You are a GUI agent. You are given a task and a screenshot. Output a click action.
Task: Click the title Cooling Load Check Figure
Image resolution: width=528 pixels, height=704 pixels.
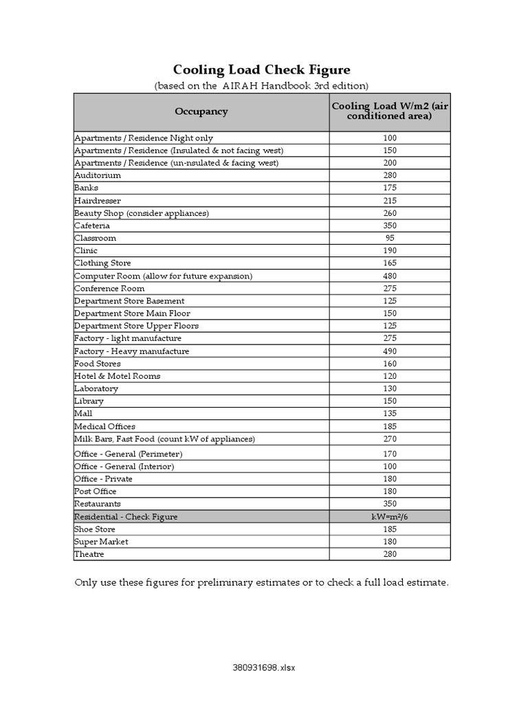(261, 69)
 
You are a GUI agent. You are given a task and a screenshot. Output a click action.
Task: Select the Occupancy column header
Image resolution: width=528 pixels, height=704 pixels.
(201, 111)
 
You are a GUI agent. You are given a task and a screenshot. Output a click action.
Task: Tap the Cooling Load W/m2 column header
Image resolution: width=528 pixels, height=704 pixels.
(390, 111)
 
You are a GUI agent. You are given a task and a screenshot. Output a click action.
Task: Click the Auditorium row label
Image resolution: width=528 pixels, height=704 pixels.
(98, 175)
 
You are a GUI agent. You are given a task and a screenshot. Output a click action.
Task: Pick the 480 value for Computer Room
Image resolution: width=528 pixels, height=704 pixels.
(390, 276)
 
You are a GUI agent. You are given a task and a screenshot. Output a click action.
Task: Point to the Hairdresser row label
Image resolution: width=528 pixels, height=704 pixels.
(98, 201)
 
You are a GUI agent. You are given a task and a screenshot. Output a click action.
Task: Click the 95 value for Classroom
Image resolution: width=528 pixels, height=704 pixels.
(390, 238)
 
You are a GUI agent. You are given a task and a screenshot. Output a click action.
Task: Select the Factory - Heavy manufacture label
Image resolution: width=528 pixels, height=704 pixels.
(131, 351)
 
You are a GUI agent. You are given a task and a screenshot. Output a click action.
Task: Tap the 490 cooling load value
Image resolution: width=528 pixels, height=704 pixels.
(390, 351)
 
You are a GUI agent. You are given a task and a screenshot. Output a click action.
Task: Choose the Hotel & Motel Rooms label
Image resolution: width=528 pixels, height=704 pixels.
(118, 376)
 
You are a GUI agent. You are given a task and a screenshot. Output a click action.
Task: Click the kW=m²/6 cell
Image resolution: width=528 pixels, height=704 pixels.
(390, 517)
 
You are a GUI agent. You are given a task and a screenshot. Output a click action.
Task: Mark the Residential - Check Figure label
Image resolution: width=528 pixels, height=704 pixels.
(126, 517)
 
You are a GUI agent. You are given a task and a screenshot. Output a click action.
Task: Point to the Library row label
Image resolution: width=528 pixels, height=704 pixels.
(89, 401)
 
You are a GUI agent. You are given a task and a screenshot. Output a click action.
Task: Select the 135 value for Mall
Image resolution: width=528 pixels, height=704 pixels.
(390, 414)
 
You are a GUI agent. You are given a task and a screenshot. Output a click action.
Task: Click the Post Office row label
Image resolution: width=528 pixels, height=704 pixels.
(96, 492)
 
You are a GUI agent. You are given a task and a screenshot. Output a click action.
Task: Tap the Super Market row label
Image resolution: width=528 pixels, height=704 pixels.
(101, 542)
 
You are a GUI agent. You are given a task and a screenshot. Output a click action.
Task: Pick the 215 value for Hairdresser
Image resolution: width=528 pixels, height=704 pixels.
(390, 201)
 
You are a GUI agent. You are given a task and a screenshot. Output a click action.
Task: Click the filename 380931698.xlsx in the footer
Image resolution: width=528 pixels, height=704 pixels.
(264, 668)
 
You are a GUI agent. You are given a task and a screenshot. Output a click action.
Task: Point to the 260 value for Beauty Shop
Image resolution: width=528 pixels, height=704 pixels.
(390, 213)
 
